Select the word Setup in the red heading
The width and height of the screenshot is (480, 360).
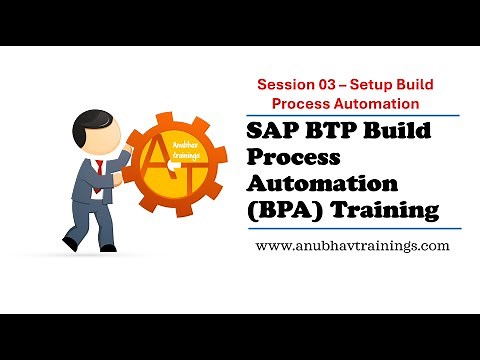(x=393, y=85)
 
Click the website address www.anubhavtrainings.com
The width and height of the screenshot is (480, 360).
(x=352, y=245)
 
